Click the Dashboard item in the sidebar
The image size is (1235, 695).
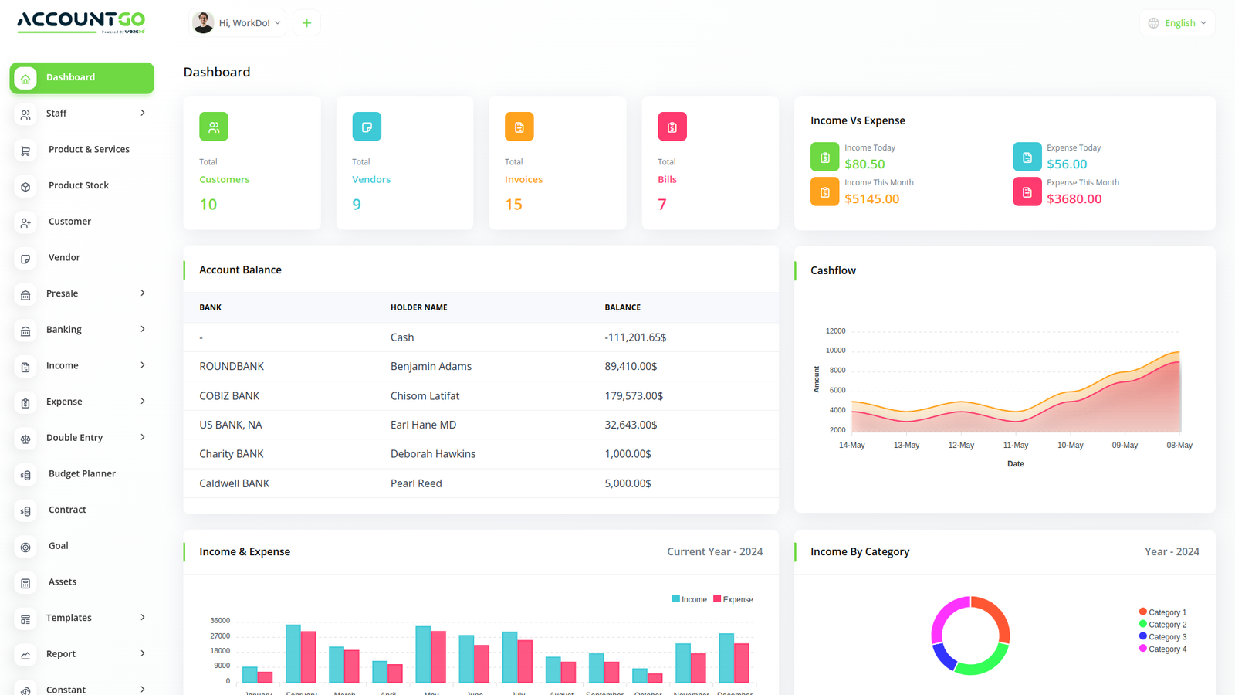click(x=82, y=78)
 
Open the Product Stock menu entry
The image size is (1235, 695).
click(x=78, y=185)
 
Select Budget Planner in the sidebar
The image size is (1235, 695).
click(x=82, y=473)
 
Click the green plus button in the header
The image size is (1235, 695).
click(x=306, y=23)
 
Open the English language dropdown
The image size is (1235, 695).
click(x=1177, y=23)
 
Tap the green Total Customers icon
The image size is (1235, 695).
click(x=214, y=127)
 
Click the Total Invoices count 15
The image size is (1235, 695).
click(x=513, y=205)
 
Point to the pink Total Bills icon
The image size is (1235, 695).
click(x=672, y=127)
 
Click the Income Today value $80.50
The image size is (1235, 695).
click(x=864, y=164)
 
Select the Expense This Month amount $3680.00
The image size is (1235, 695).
click(x=1074, y=198)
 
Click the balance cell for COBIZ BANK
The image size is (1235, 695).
click(x=634, y=395)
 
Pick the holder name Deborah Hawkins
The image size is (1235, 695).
click(x=433, y=454)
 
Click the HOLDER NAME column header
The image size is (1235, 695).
click(x=419, y=307)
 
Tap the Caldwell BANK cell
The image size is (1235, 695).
click(x=235, y=483)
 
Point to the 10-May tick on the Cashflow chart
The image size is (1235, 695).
click(x=1070, y=446)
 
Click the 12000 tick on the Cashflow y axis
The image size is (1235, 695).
click(x=835, y=331)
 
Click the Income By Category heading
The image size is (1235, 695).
click(x=860, y=551)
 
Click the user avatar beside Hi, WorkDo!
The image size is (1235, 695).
click(x=203, y=23)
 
